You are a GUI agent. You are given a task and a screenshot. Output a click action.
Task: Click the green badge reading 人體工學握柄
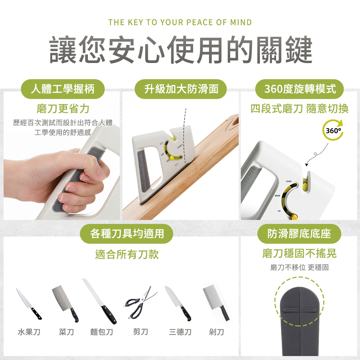pyautogui.click(x=63, y=89)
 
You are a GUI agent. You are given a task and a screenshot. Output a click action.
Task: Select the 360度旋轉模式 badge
pyautogui.click(x=300, y=89)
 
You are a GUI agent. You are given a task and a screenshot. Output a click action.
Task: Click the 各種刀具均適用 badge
pyautogui.click(x=127, y=234)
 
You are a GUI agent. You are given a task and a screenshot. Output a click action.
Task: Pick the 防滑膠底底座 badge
pyautogui.click(x=299, y=234)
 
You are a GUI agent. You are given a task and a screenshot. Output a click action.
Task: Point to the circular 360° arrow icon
pyautogui.click(x=333, y=130)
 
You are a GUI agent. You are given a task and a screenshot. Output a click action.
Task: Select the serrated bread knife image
pyautogui.click(x=99, y=301)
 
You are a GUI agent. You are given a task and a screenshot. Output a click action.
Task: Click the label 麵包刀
pyautogui.click(x=102, y=332)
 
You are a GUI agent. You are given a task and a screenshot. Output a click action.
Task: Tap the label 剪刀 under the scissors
pyautogui.click(x=140, y=332)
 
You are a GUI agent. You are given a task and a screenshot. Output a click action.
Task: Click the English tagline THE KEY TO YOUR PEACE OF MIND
pyautogui.click(x=180, y=22)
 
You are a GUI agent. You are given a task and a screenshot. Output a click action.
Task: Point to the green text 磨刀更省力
pyautogui.click(x=63, y=108)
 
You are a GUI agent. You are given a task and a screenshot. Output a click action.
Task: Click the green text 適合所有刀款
pyautogui.click(x=127, y=255)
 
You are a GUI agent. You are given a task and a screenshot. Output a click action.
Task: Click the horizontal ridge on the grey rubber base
pyautogui.click(x=299, y=309)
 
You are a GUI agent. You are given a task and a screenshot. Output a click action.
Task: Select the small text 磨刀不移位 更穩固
pyautogui.click(x=299, y=267)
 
